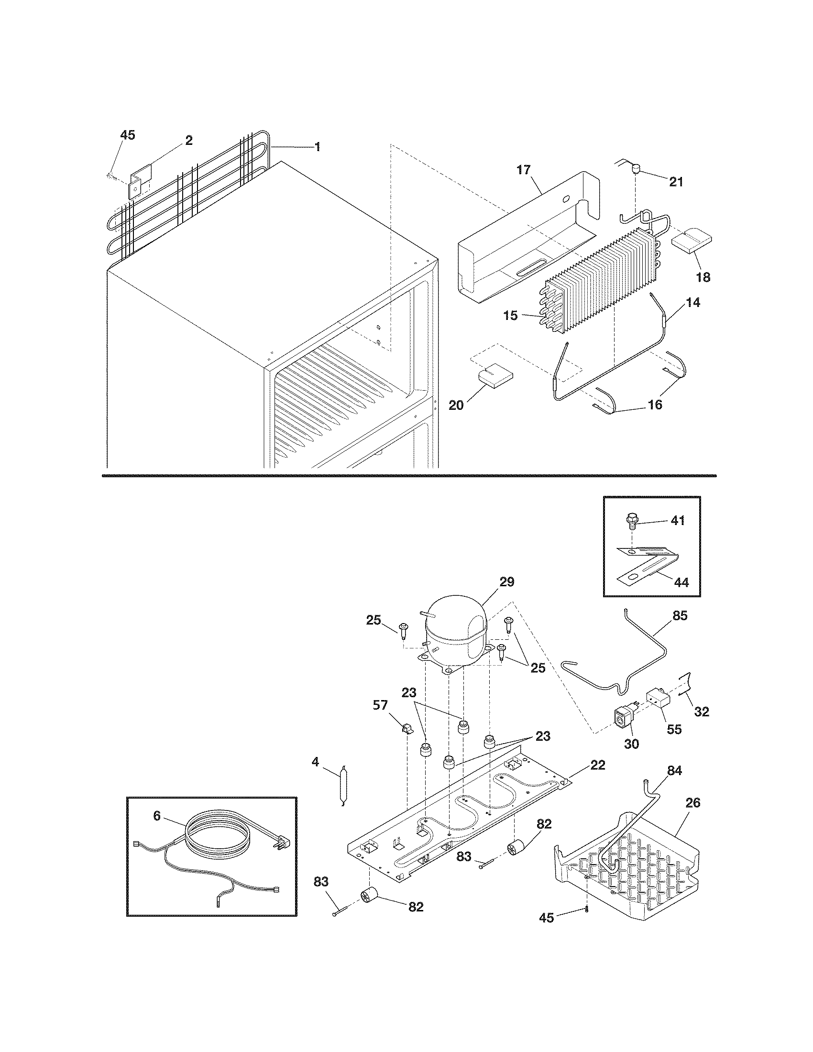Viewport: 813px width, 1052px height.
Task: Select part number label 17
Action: click(x=524, y=170)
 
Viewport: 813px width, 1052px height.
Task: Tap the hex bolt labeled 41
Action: click(x=631, y=521)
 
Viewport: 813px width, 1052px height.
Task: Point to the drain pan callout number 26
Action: click(x=692, y=802)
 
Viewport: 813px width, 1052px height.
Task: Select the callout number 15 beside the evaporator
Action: click(x=510, y=316)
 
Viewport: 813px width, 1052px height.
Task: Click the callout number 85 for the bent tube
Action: click(x=680, y=615)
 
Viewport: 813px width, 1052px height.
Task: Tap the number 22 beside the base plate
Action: click(x=598, y=765)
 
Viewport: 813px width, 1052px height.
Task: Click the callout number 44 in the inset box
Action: click(x=681, y=582)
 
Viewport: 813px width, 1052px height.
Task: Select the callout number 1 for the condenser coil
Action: click(x=318, y=146)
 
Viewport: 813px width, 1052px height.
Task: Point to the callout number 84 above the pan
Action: click(x=674, y=771)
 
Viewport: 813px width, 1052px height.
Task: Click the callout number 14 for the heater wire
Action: click(x=693, y=303)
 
